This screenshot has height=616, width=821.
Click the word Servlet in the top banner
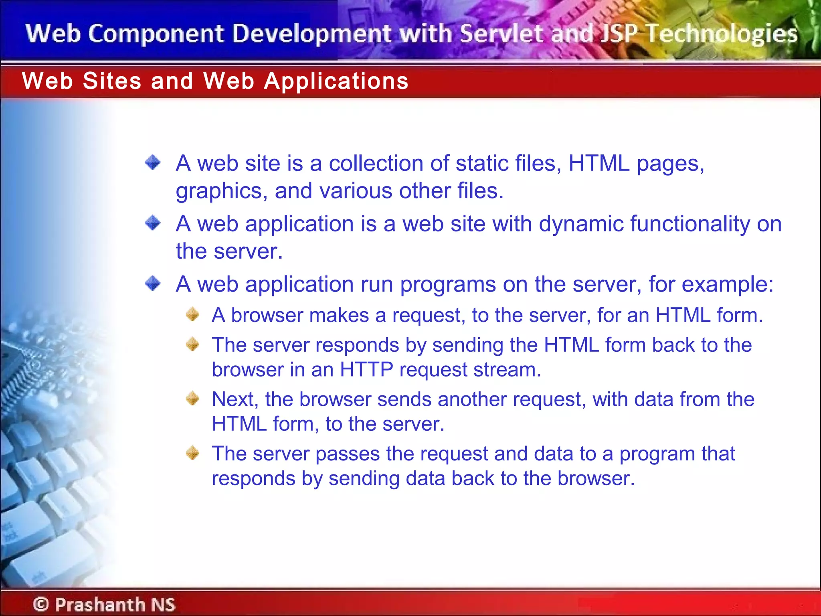tap(501, 34)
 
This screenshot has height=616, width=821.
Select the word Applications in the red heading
tap(336, 81)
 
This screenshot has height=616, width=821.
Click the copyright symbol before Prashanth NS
tap(41, 604)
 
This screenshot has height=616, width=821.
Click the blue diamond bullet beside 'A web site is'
tap(153, 162)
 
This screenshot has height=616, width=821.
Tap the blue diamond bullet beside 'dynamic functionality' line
tap(153, 223)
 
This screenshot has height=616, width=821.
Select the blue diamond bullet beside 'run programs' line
tap(153, 284)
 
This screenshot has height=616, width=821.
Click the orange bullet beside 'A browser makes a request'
tap(193, 314)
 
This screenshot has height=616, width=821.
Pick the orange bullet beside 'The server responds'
tap(193, 344)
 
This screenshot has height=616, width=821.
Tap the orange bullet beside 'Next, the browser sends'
tap(193, 399)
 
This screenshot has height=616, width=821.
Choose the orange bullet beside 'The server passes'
tap(193, 453)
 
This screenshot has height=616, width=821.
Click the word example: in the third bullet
tap(727, 285)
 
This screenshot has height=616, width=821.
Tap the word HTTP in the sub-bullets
tap(366, 369)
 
